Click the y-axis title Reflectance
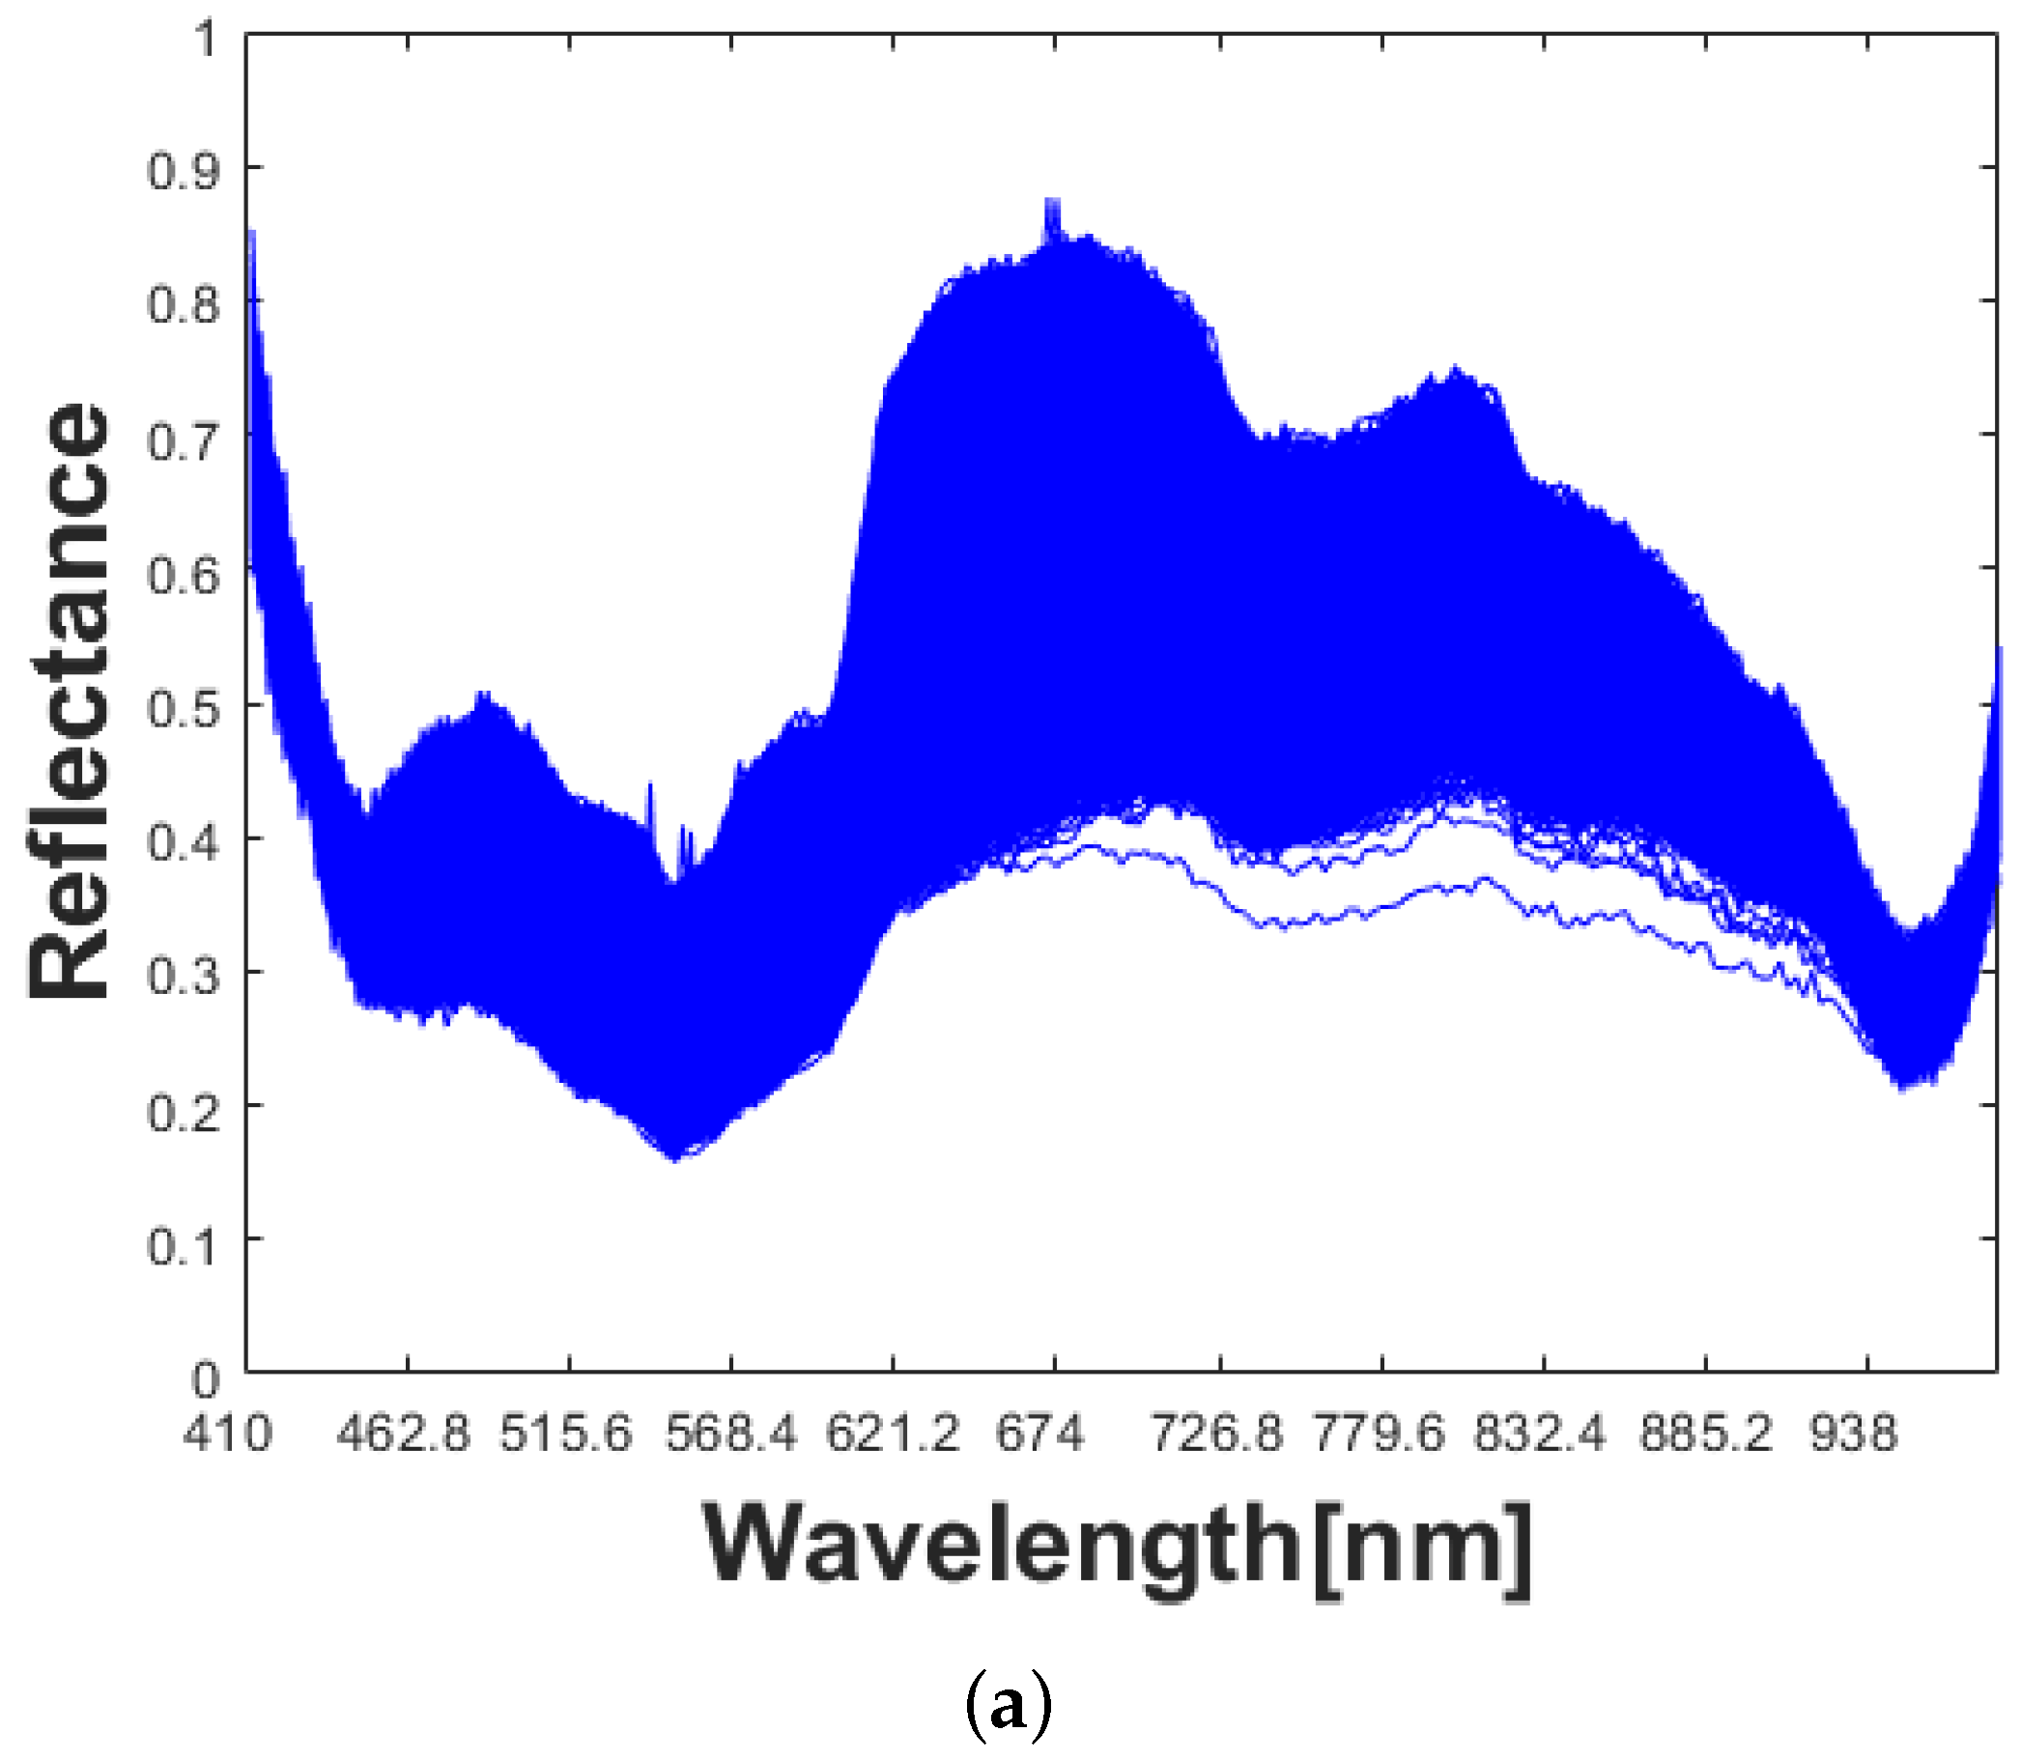pyautogui.click(x=69, y=701)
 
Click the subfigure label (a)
pyautogui.click(x=1009, y=1706)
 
